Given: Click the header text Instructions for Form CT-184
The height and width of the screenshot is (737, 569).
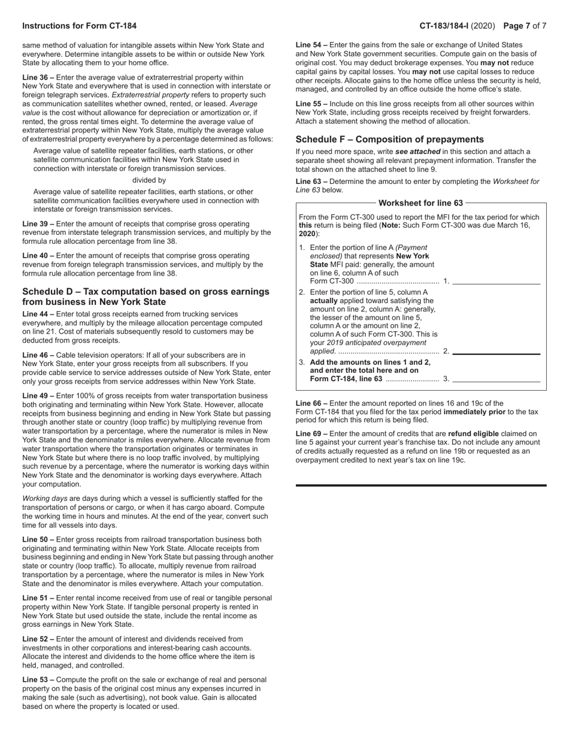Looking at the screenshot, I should pyautogui.click(x=79, y=26).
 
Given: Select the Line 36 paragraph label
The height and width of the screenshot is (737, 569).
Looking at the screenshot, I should pyautogui.click(x=38, y=77).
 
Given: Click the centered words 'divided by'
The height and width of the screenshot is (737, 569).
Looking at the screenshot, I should pyautogui.click(x=149, y=180).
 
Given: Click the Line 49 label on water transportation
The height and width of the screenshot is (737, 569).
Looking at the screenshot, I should pyautogui.click(x=38, y=396).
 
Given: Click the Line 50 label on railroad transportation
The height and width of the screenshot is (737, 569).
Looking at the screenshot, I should pyautogui.click(x=38, y=540).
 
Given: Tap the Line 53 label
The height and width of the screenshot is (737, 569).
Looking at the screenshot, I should pyautogui.click(x=38, y=680).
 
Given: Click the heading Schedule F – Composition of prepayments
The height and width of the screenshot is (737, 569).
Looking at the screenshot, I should pyautogui.click(x=389, y=139).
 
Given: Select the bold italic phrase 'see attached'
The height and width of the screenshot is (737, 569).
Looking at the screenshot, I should pyautogui.click(x=417, y=152).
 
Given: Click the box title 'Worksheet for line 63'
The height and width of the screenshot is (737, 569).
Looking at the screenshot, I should pyautogui.click(x=420, y=203).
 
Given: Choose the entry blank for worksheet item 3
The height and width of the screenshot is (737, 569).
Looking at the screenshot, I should pyautogui.click(x=497, y=379).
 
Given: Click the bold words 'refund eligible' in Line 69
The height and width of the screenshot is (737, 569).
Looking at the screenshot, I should pyautogui.click(x=476, y=434).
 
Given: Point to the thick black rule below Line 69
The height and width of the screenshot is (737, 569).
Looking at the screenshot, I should pyautogui.click(x=421, y=485).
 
